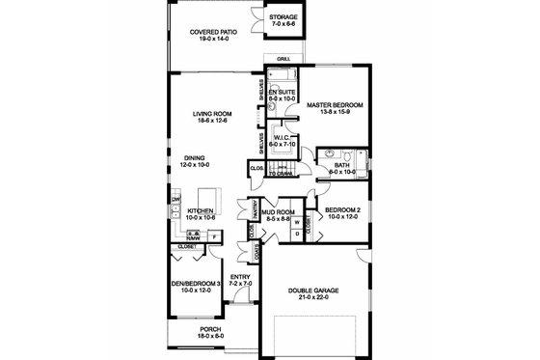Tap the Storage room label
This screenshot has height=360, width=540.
coord(283,17)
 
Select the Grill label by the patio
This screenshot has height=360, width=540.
coord(283,60)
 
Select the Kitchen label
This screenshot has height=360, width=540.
coord(200,209)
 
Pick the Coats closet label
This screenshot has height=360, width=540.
coord(256,253)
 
